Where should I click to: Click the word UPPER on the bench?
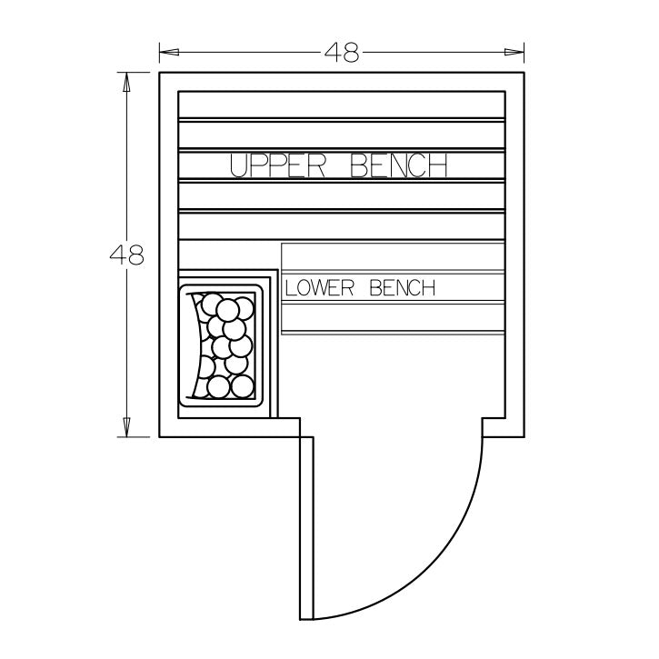tap(278, 165)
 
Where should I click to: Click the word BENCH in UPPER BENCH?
tap(398, 165)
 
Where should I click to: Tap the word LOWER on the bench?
tap(319, 288)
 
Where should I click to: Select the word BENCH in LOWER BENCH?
tap(402, 288)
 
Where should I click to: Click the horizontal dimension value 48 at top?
tap(342, 53)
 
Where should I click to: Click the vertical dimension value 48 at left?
tap(126, 255)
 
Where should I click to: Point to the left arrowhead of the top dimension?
tap(169, 52)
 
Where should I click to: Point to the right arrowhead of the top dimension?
tap(514, 52)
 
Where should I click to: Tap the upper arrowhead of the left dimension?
tap(126, 83)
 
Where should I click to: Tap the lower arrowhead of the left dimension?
tap(126, 427)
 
